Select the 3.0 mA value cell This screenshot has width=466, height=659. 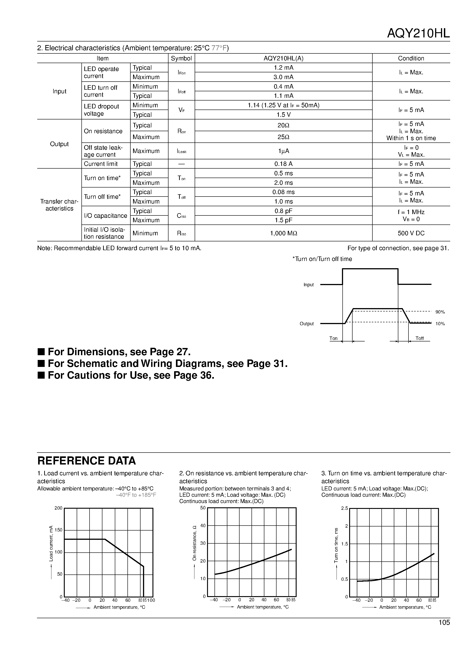[283, 77]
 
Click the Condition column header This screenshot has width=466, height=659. [411, 58]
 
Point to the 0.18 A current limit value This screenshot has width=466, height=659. [283, 164]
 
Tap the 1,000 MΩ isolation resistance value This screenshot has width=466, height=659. [283, 233]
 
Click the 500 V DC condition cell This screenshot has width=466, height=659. [411, 233]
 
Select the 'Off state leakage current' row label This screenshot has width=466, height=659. [104, 151]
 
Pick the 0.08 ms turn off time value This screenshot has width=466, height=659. [283, 192]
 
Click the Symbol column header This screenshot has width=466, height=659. [181, 58]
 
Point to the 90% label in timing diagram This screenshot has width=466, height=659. [440, 312]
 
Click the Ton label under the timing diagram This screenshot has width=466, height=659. [333, 338]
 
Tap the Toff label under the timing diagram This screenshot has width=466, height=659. [420, 338]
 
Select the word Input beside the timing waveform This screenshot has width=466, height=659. [309, 285]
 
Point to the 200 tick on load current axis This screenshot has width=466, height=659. [58, 508]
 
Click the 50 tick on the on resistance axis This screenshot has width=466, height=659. [203, 508]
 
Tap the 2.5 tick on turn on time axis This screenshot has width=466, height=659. [344, 508]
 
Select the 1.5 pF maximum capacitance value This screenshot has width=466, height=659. [283, 220]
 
